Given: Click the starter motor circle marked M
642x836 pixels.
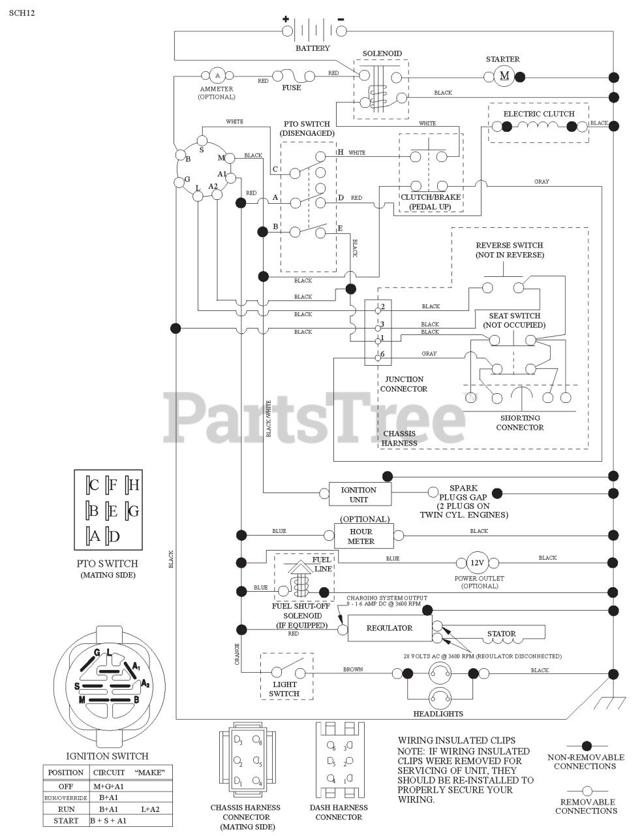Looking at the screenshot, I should (x=504, y=76).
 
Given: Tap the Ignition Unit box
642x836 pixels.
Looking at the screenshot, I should (x=358, y=494).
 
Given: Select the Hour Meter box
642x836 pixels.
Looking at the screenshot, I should (x=361, y=536).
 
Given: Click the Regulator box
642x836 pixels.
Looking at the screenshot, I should (x=389, y=628).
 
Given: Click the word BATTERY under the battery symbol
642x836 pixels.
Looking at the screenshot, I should (x=313, y=48).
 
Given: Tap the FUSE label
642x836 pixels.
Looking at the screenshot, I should (x=291, y=88).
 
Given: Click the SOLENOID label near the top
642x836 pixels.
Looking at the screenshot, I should (x=382, y=54).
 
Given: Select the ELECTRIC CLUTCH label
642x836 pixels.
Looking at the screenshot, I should (x=538, y=114).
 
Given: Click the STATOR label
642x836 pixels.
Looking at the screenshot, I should (x=501, y=634).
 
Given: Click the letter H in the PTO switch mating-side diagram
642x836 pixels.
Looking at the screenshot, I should (x=134, y=485).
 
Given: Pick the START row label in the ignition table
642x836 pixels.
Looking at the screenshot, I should (x=66, y=821).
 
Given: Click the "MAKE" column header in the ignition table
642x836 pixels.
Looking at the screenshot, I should (x=149, y=773).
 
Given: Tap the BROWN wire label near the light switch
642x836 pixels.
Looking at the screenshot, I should (x=353, y=669).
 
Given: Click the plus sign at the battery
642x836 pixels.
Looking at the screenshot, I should (x=285, y=19).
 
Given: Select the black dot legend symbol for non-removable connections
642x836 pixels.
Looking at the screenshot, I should (x=586, y=745).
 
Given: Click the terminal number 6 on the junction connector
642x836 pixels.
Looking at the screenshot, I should (x=382, y=354).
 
